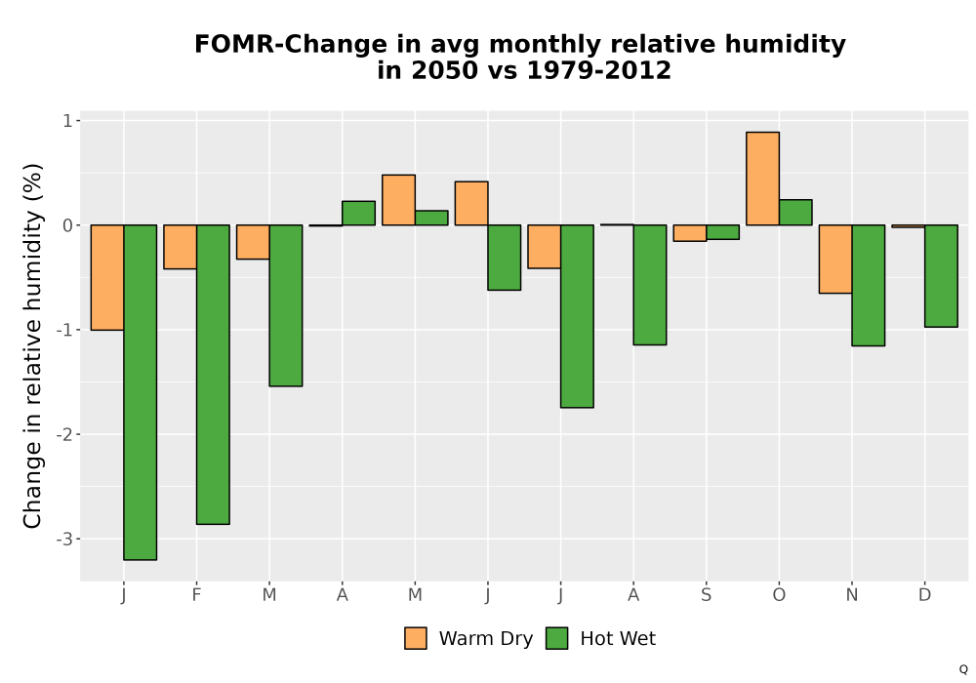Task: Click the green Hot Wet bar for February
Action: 213,375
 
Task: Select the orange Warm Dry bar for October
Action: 762,179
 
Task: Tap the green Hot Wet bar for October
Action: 795,212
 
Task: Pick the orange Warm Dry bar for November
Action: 835,259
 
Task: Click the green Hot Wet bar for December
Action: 941,275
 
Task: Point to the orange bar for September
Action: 690,232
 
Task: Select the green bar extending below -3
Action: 140,392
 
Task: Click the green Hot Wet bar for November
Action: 869,285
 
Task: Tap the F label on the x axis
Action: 197,595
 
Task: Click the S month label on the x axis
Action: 706,595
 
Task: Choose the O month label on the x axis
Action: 779,595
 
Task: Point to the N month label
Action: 851,595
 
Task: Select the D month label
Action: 924,595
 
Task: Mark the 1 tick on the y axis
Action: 68,121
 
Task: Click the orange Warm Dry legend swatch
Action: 416,638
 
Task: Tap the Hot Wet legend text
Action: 618,638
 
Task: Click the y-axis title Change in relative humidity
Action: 32,345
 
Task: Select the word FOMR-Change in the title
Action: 291,45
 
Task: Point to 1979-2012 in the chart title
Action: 599,70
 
